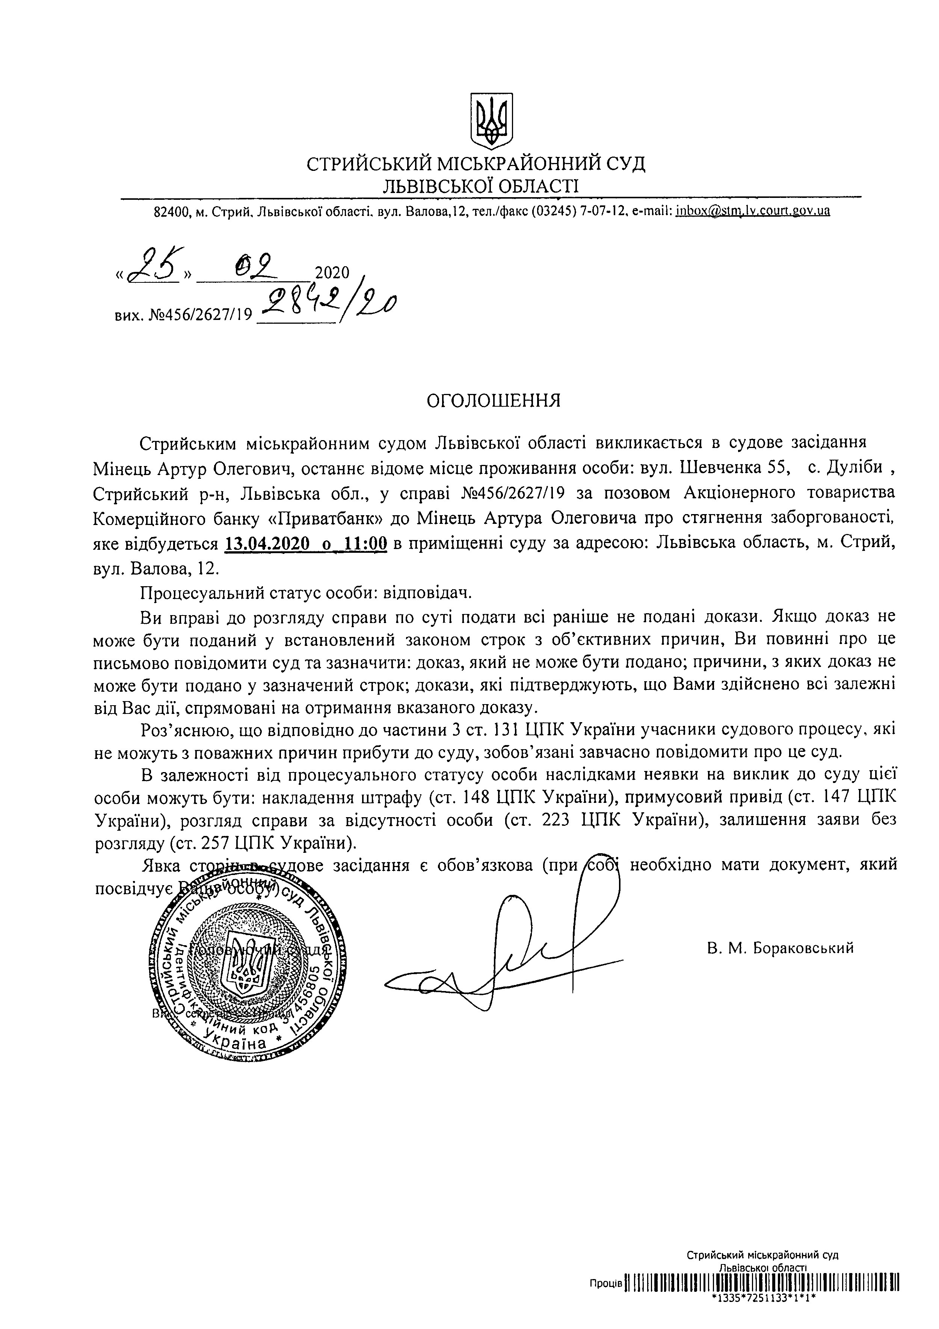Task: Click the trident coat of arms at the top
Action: (492, 121)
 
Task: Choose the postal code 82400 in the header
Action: (171, 212)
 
